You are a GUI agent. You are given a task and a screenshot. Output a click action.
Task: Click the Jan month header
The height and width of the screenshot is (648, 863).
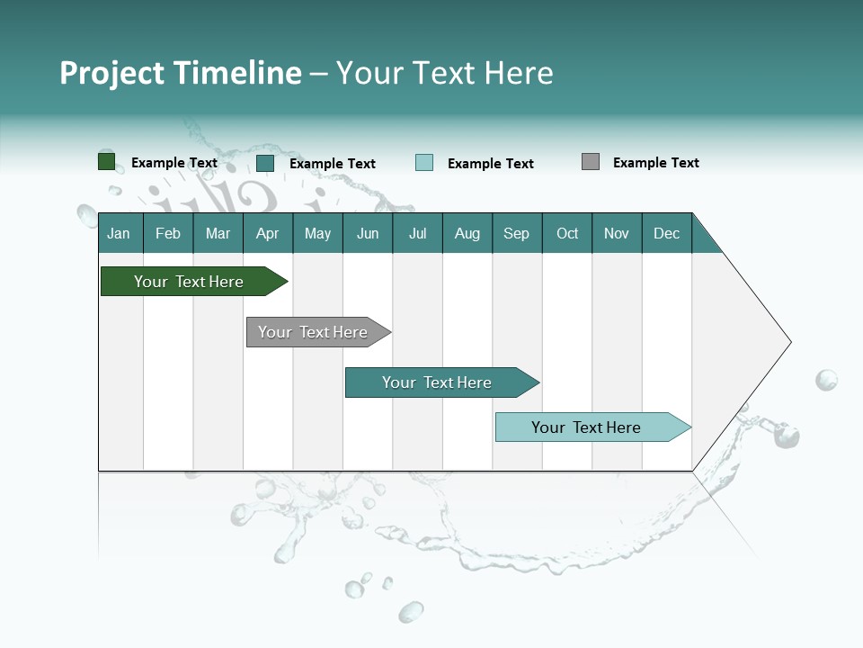pyautogui.click(x=120, y=233)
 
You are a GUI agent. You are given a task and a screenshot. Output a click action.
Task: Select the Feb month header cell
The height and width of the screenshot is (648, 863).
pyautogui.click(x=168, y=233)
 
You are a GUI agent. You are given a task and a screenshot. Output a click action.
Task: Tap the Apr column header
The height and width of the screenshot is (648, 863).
pyautogui.click(x=267, y=233)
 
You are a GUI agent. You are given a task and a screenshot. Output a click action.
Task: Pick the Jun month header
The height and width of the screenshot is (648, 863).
pyautogui.click(x=368, y=233)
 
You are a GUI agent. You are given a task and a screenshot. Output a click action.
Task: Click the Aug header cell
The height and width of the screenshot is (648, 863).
pyautogui.click(x=467, y=233)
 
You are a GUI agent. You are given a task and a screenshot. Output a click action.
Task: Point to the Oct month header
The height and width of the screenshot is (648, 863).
pyautogui.click(x=567, y=233)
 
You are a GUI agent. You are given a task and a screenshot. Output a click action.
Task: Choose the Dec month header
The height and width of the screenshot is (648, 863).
pyautogui.click(x=666, y=233)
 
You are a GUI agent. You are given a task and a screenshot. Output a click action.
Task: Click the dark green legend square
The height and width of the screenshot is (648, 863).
pyautogui.click(x=107, y=162)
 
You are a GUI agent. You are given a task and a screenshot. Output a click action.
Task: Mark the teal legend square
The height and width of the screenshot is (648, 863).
pyautogui.click(x=265, y=163)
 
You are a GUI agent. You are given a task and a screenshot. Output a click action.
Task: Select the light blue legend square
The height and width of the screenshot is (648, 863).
pyautogui.click(x=424, y=163)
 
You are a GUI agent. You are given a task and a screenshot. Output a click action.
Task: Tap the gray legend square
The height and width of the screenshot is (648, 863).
pyautogui.click(x=591, y=162)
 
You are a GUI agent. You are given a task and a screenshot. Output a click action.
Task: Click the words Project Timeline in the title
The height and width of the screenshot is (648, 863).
pyautogui.click(x=181, y=73)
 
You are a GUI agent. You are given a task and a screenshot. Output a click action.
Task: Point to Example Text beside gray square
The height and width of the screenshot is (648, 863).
pyautogui.click(x=655, y=163)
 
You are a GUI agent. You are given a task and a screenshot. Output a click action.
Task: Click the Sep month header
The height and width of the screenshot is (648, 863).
pyautogui.click(x=516, y=233)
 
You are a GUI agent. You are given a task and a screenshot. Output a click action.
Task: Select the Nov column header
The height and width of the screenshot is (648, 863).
pyautogui.click(x=617, y=233)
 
